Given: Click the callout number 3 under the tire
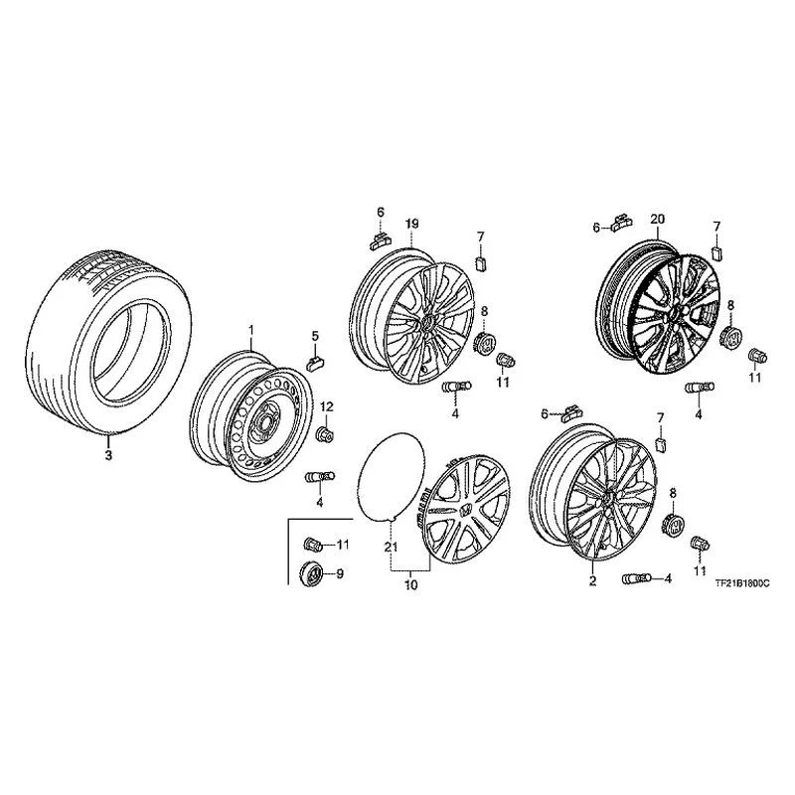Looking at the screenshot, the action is (x=108, y=455).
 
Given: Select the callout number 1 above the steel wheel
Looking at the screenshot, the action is (x=250, y=331).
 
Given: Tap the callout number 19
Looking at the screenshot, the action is (x=411, y=224).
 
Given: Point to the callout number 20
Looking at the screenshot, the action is (x=658, y=220).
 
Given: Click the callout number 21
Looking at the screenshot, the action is (x=391, y=548).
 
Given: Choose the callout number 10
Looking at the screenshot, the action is (x=411, y=584).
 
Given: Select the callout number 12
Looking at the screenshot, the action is (x=327, y=406).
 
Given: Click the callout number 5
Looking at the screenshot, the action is (x=315, y=336).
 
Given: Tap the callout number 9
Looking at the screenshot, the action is (x=340, y=574).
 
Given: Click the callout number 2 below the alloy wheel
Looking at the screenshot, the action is (x=592, y=581).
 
